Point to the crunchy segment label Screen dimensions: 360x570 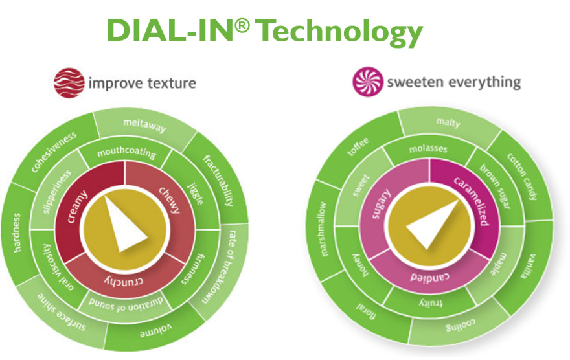pos(123,279)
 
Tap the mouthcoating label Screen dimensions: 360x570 pos(126,154)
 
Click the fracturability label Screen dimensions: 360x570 pos(218,179)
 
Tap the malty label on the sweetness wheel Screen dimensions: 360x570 pos(448,122)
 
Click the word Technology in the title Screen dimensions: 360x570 pos(343,30)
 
